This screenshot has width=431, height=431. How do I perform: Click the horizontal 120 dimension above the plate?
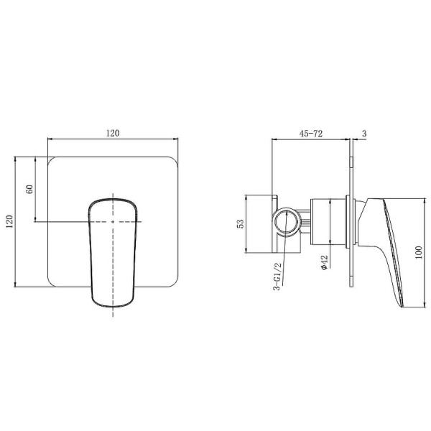pyautogui.click(x=113, y=134)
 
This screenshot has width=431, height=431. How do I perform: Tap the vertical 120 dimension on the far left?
pyautogui.click(x=9, y=221)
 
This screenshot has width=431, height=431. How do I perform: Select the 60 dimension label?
pyautogui.click(x=29, y=189)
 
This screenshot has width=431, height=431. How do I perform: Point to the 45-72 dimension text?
pyautogui.click(x=311, y=134)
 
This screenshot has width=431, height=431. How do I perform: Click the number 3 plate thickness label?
pyautogui.click(x=364, y=134)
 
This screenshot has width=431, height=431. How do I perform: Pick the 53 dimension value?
pyautogui.click(x=240, y=223)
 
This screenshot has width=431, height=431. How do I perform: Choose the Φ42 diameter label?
pyautogui.click(x=325, y=263)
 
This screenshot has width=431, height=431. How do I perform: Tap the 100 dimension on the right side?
pyautogui.click(x=419, y=253)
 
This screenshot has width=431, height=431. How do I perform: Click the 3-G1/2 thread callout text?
pyautogui.click(x=278, y=277)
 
